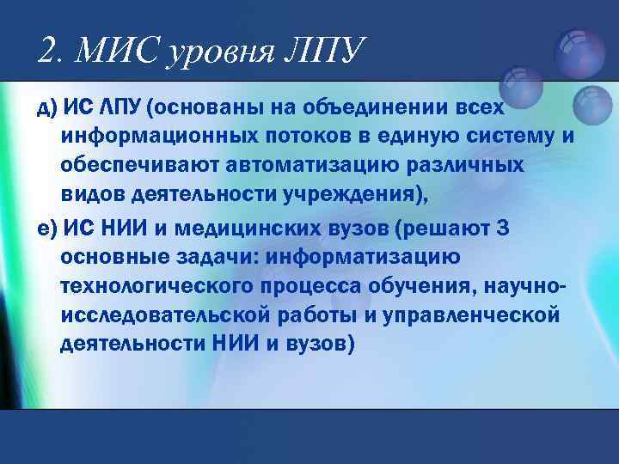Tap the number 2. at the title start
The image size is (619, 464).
52,52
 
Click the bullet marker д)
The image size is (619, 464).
46,107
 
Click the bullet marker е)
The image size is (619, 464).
46,228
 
